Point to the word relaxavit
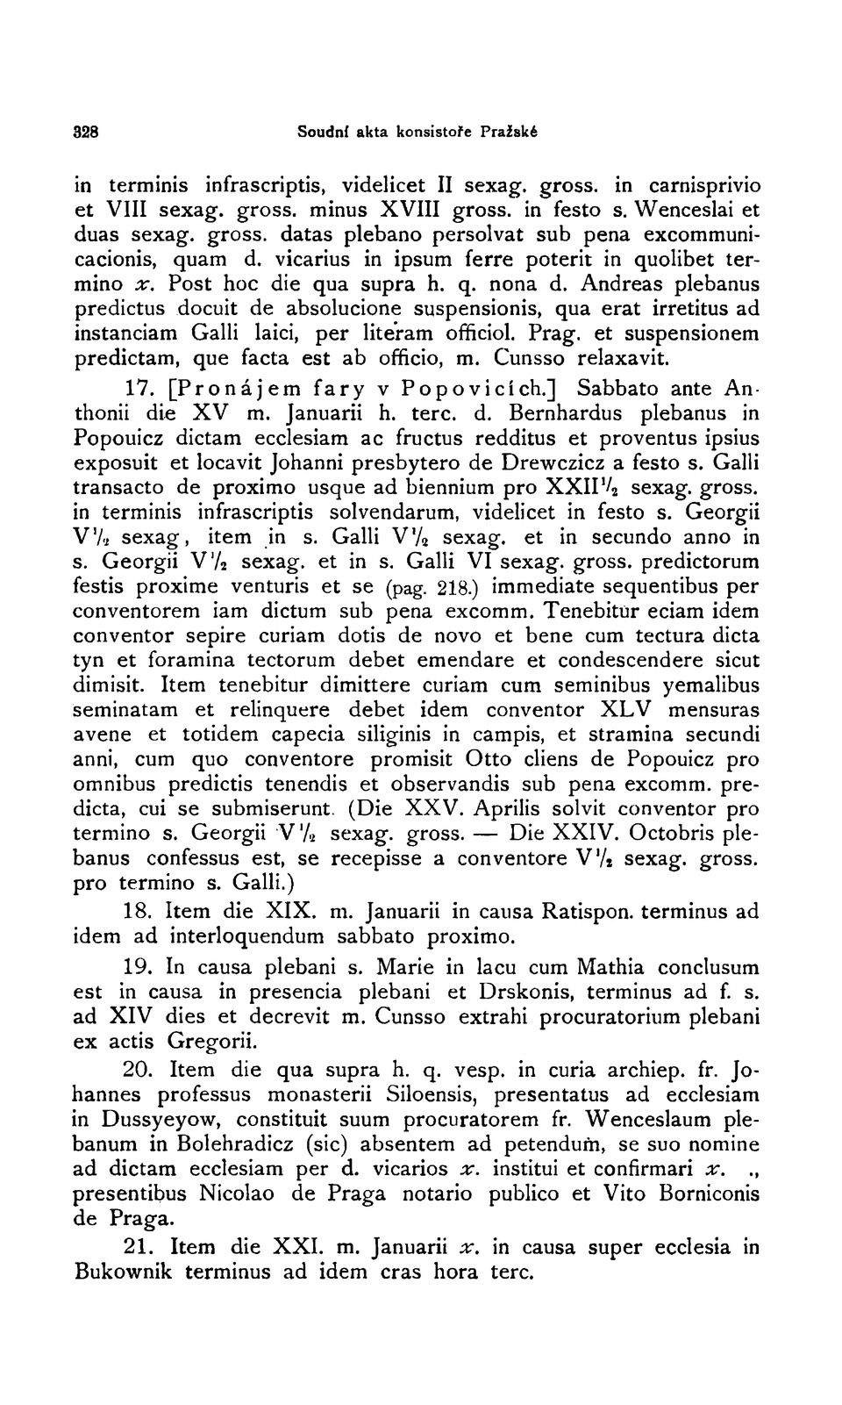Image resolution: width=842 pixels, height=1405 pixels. coord(626,358)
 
